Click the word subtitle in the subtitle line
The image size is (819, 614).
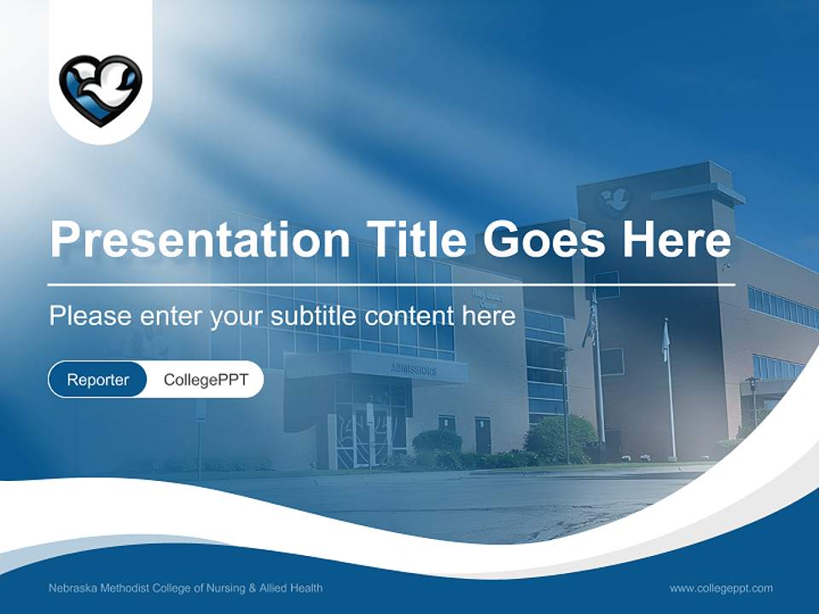pyautogui.click(x=314, y=316)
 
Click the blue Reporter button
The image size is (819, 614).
pyautogui.click(x=98, y=379)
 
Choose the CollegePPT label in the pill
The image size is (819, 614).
pyautogui.click(x=206, y=379)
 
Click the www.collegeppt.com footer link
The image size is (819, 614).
pyautogui.click(x=721, y=588)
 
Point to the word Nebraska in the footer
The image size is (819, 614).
pyautogui.click(x=73, y=588)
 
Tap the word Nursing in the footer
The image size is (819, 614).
pyautogui.click(x=224, y=588)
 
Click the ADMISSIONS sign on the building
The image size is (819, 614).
pyautogui.click(x=414, y=370)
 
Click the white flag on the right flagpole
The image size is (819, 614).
pyautogui.click(x=666, y=341)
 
